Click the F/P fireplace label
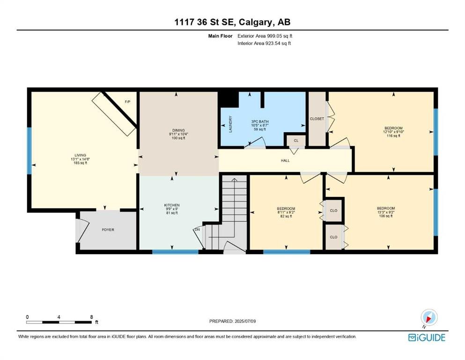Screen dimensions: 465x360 [127, 102]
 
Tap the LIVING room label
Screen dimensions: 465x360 [81, 155]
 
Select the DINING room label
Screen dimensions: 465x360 [178, 130]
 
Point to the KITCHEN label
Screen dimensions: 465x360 [172, 205]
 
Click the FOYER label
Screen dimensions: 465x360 [108, 230]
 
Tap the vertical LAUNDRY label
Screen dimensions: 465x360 [230, 124]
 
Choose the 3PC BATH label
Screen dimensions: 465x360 [260, 122]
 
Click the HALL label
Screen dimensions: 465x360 [285, 161]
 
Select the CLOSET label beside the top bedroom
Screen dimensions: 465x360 [317, 119]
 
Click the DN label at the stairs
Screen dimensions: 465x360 [197, 230]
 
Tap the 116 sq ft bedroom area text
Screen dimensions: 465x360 [393, 136]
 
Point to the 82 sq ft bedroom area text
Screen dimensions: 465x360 [286, 217]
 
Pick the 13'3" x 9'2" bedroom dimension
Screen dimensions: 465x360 [386, 212]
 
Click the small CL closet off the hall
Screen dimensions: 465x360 [296, 141]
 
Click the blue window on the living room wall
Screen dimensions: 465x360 [30, 151]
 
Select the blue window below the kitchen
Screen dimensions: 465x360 [175, 252]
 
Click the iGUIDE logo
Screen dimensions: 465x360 [427, 337]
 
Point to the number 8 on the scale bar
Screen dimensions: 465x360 [91, 317]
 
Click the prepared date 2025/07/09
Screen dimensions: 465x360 [245, 321]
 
